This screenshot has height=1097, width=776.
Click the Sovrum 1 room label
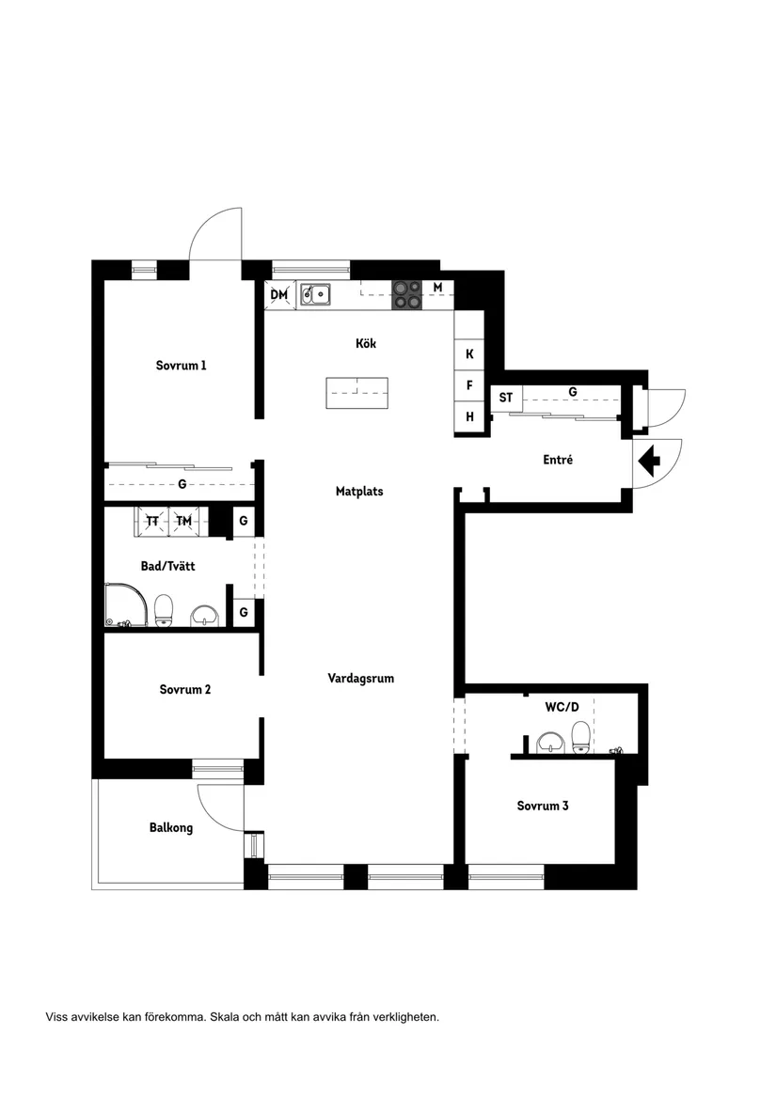pos(181,366)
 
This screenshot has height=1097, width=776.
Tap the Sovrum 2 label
pos(184,689)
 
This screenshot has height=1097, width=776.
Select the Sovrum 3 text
pos(542,806)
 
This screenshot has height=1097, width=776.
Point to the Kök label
pos(366,344)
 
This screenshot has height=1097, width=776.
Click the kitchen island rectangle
pos(356,393)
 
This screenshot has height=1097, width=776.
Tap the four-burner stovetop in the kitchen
pos(406,294)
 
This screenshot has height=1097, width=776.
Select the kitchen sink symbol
pos(315,295)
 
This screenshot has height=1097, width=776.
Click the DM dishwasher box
pos(279,295)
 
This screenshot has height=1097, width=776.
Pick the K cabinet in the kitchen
pos(469,354)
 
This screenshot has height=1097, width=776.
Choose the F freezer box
pos(469,385)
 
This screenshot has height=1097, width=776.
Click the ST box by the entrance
pos(506,399)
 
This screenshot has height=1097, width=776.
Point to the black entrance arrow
pos(650,461)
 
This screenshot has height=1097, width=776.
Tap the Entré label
pos(558,461)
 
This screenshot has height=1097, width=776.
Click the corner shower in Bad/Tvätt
pos(126,606)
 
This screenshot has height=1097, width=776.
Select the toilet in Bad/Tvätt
pos(165,610)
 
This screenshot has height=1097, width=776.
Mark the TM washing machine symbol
pos(184,521)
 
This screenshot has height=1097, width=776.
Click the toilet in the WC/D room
pos(580,738)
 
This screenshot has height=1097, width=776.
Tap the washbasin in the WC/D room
pos(548,745)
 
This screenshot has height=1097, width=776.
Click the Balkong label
pos(171,828)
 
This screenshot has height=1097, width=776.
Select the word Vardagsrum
pos(360,678)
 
